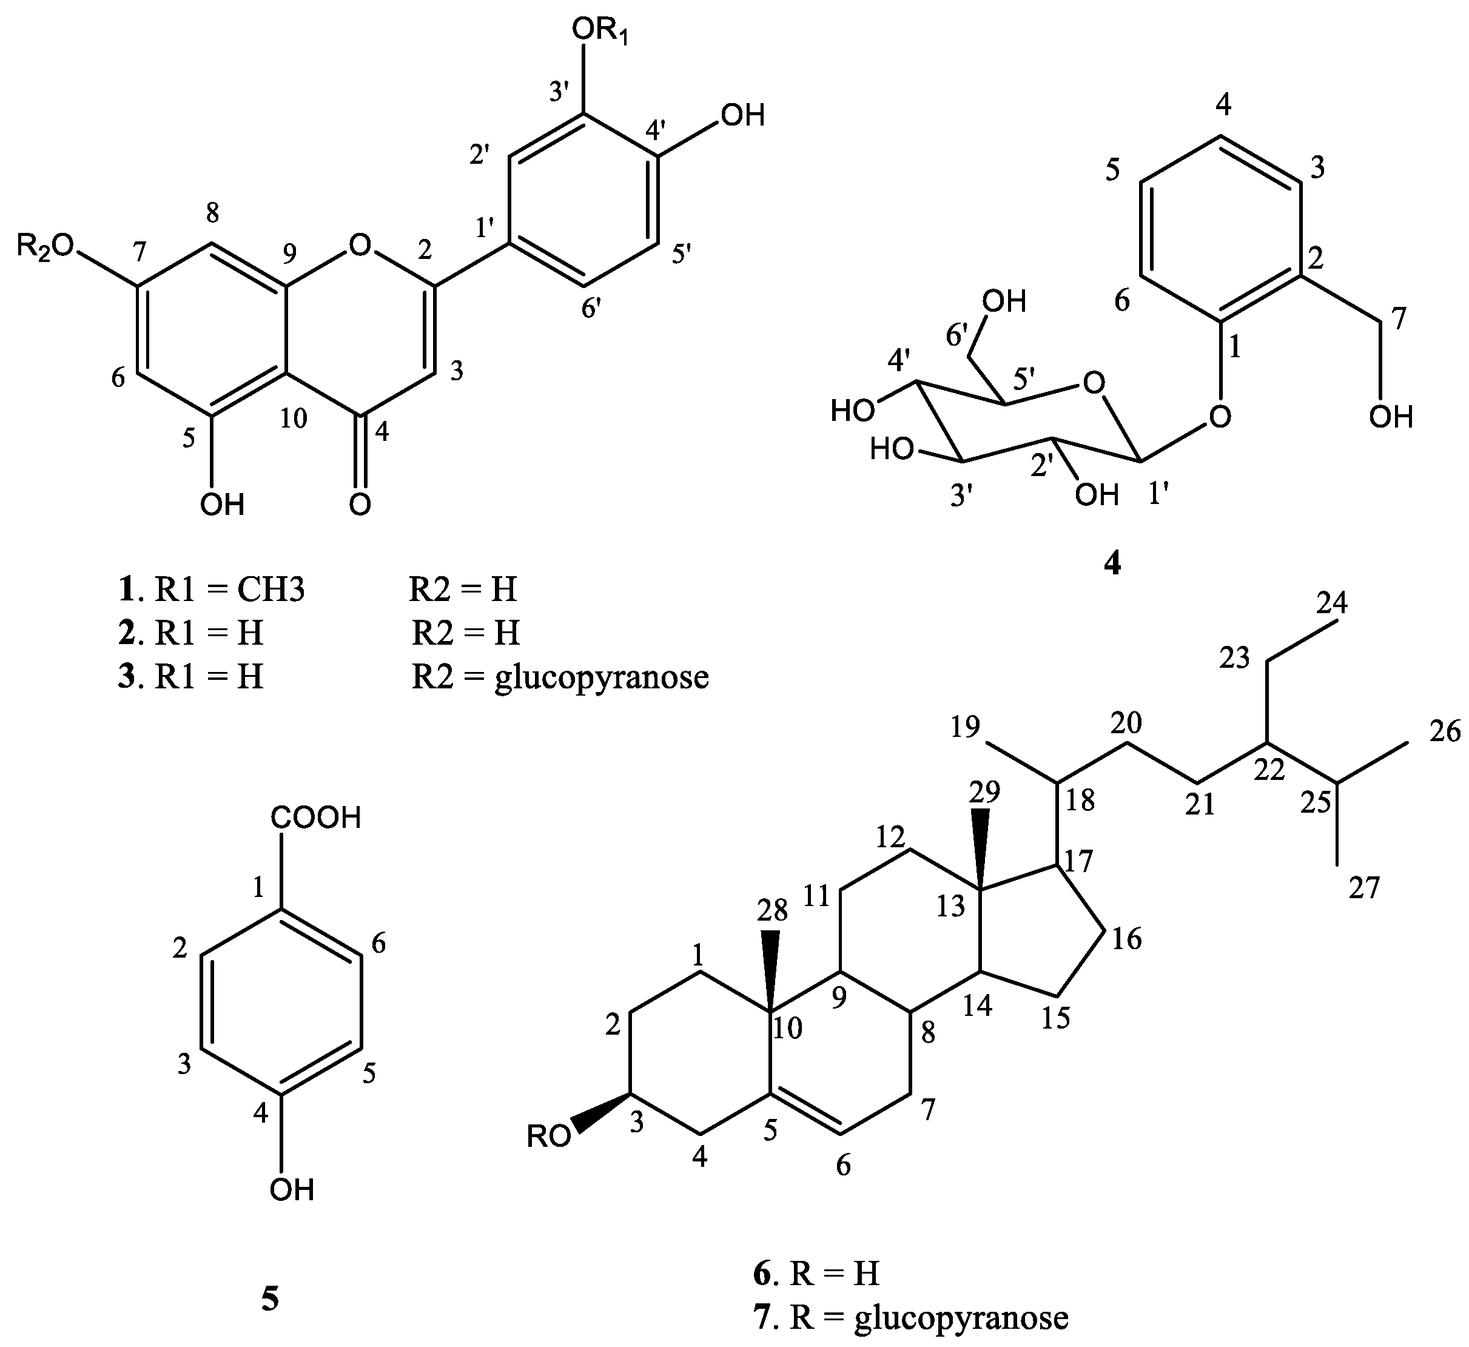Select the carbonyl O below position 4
point(360,503)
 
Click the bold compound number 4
point(1112,563)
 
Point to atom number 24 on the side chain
point(1332,603)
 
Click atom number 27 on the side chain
point(1364,888)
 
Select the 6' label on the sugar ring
point(961,335)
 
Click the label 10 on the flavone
point(293,418)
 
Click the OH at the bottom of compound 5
point(292,1189)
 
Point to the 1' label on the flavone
point(490,229)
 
